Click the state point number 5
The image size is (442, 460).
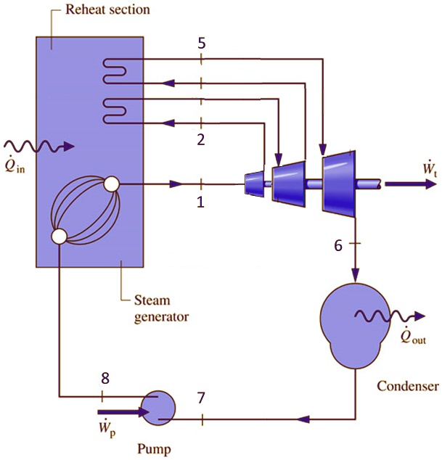point(201,44)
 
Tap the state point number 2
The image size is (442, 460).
point(201,139)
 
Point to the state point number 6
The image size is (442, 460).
point(338,245)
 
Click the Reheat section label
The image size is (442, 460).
point(107,9)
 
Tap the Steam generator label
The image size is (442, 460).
point(161,308)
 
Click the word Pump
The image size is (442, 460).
point(155,449)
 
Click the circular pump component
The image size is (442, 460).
point(157,408)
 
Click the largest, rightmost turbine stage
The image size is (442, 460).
point(338,184)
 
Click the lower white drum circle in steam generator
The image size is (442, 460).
point(59,236)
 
